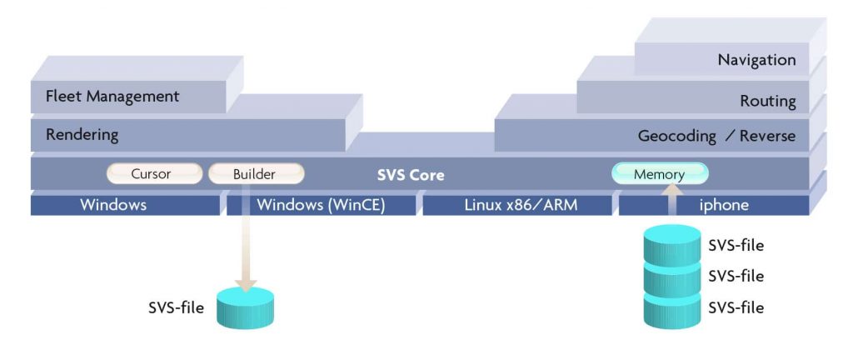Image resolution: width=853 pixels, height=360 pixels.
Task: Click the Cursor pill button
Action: [x=154, y=174]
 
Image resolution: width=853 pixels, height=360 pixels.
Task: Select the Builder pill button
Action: [x=255, y=174]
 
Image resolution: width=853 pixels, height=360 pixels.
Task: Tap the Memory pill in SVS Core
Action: [x=659, y=174]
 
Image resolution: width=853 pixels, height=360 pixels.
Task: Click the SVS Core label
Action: [x=411, y=175]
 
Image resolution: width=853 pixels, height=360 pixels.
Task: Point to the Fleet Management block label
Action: [x=112, y=96]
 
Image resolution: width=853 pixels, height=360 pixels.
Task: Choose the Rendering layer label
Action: [x=82, y=134]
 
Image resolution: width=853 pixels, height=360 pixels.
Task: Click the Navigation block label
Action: [x=756, y=59]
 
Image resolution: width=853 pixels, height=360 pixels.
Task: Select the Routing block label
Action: [x=768, y=101]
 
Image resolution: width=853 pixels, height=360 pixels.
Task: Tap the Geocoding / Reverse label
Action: [x=716, y=135]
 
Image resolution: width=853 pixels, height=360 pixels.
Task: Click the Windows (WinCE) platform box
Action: [x=321, y=204]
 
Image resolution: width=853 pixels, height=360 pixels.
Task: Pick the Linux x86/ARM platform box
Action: [x=517, y=204]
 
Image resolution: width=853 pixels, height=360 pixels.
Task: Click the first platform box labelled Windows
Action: [x=113, y=204]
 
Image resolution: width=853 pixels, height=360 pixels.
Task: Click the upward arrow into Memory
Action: [x=671, y=204]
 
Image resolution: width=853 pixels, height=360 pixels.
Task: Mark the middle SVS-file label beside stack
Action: [x=736, y=276]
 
